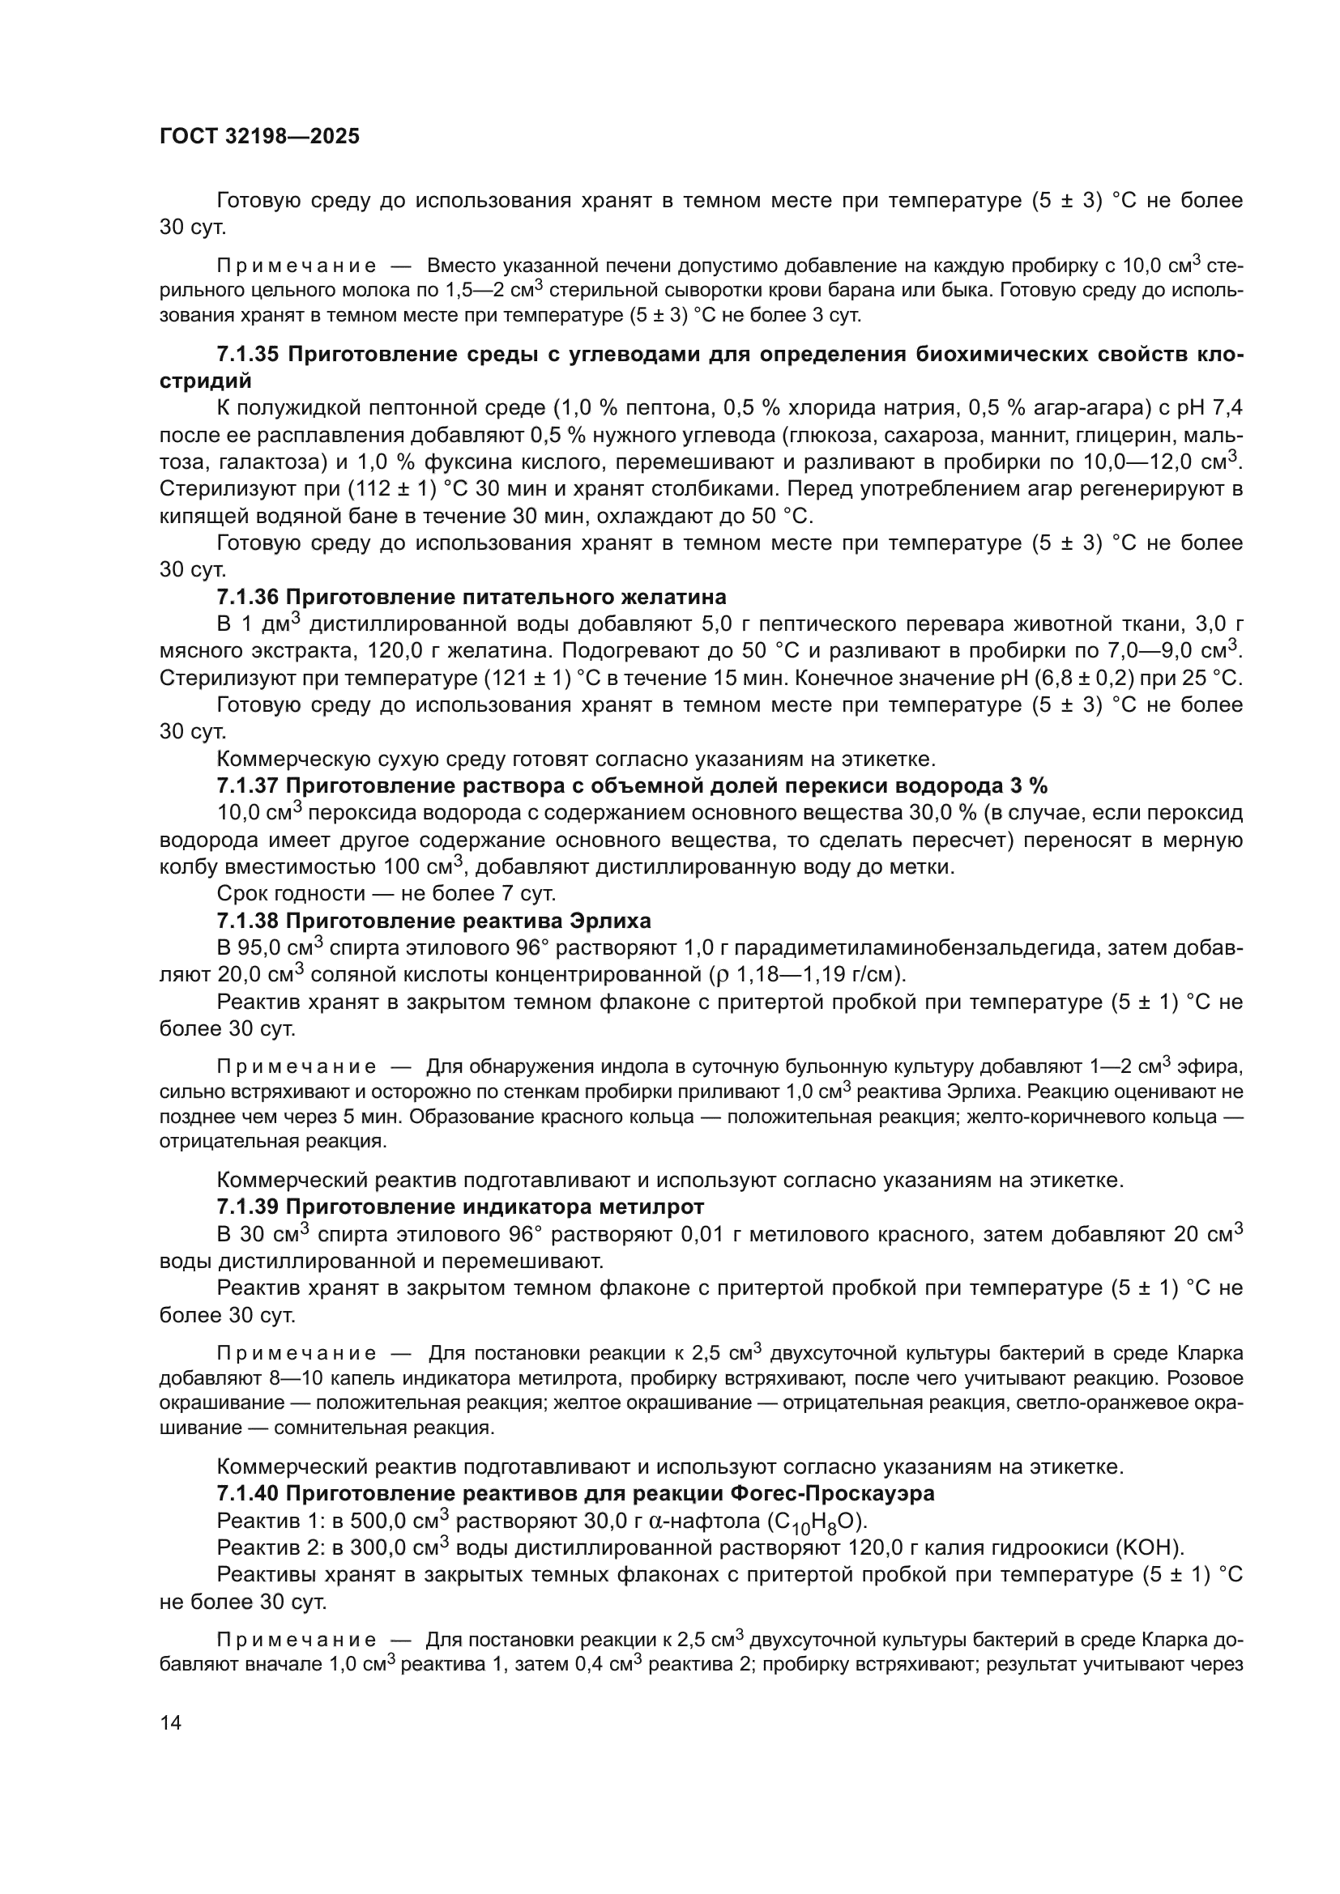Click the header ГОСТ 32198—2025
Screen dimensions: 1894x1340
point(259,137)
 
